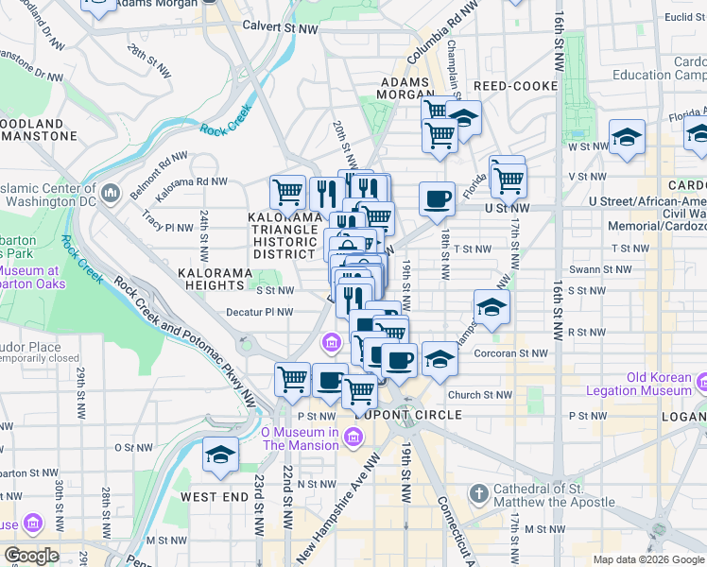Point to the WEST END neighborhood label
click(214, 497)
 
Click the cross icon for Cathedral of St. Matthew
click(479, 494)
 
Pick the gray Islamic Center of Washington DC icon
click(111, 194)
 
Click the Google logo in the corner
click(31, 556)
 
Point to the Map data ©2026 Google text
click(648, 559)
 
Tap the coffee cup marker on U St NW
click(437, 199)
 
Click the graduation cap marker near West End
click(220, 455)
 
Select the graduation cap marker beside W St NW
click(627, 137)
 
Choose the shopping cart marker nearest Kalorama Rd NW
click(287, 192)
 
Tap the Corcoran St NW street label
click(513, 352)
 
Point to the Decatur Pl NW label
click(261, 312)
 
